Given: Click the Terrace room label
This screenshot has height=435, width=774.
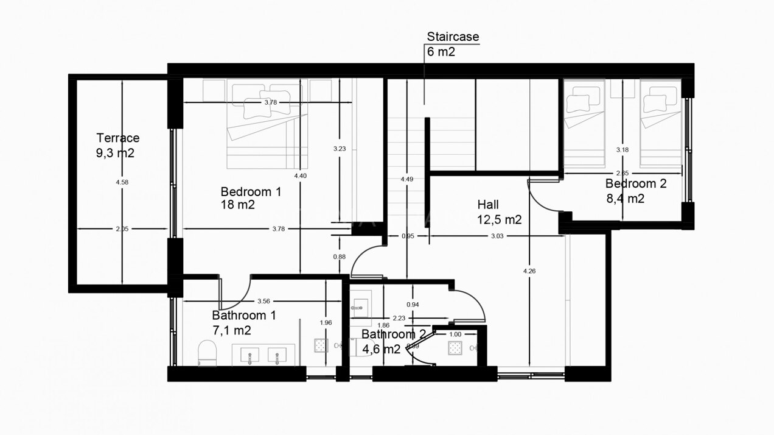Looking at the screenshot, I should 118,138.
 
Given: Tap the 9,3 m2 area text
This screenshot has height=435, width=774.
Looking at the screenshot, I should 115,153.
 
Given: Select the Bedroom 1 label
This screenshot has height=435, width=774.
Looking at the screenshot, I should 251,191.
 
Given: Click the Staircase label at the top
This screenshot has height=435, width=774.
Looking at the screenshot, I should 453,37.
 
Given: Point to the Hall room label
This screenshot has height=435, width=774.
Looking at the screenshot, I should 488,205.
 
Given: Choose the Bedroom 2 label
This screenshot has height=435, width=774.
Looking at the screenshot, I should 636,183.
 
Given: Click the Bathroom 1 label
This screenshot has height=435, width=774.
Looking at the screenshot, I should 244,315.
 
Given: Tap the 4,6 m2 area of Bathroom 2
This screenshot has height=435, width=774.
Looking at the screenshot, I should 381,349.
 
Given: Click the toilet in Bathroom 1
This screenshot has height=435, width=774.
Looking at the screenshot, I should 207,353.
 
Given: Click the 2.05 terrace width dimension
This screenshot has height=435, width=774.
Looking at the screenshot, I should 122,229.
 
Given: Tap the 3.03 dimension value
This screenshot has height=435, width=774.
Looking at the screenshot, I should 497,236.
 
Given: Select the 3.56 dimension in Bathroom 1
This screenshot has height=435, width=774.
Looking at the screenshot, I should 263,301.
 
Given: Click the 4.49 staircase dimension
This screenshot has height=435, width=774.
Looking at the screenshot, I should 407,179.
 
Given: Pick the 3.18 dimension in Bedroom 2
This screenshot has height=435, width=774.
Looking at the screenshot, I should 622,149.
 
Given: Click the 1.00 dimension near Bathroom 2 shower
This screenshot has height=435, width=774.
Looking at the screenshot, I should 455,334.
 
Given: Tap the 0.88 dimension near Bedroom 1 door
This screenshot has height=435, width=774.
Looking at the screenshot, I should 340,256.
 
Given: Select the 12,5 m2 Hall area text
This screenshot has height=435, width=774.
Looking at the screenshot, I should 500,220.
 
